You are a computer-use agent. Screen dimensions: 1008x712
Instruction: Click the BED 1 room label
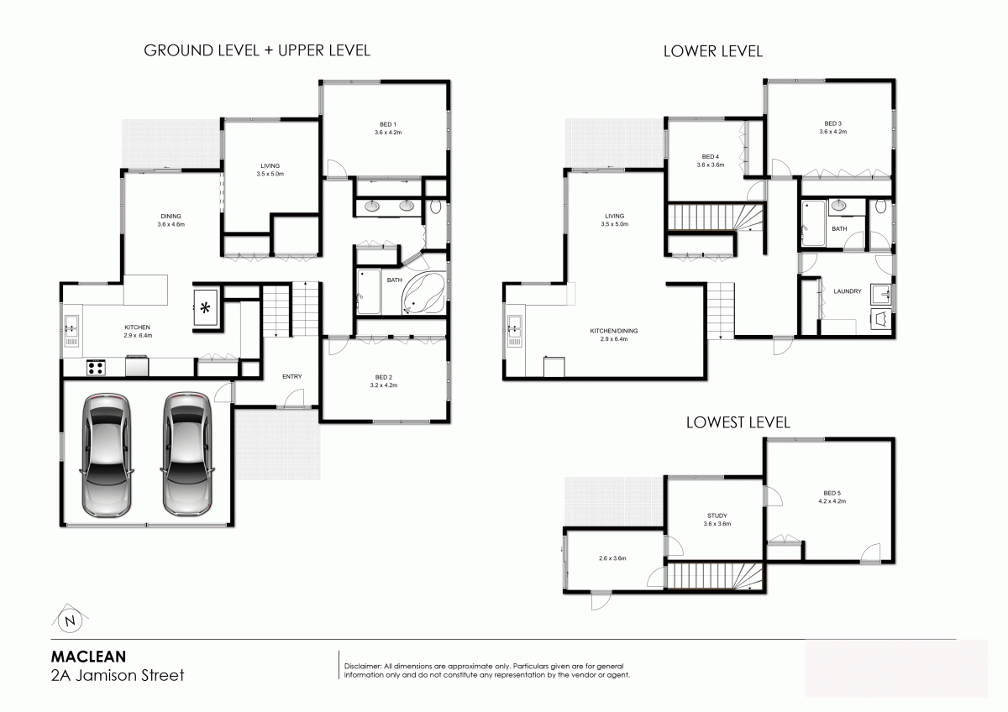(388, 124)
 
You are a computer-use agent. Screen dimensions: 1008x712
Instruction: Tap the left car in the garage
(107, 455)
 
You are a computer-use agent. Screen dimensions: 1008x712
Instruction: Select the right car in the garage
(187, 454)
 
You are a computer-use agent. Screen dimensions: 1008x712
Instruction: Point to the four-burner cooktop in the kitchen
(96, 368)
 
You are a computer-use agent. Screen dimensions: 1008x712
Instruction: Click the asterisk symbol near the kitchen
(205, 308)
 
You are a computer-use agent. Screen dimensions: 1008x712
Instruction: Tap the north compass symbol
(71, 620)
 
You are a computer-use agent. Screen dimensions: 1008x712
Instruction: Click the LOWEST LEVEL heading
(738, 422)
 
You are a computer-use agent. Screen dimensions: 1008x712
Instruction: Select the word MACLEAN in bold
(89, 657)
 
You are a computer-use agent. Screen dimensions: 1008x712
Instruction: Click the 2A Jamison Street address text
(118, 675)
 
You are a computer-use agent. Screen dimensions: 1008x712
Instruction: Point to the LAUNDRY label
(848, 291)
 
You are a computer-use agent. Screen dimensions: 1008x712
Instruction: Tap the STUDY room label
(717, 516)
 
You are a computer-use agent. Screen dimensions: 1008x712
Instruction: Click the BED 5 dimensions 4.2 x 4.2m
(832, 501)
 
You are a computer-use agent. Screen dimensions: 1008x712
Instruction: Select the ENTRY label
(292, 376)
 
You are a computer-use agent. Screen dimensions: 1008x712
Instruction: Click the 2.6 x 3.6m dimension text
(612, 558)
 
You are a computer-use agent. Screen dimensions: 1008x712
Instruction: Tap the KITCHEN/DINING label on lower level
(614, 331)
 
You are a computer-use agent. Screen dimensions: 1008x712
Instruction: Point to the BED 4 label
(711, 157)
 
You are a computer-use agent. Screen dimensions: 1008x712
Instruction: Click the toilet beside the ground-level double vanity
(436, 207)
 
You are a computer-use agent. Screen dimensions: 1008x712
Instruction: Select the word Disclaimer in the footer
(363, 666)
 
